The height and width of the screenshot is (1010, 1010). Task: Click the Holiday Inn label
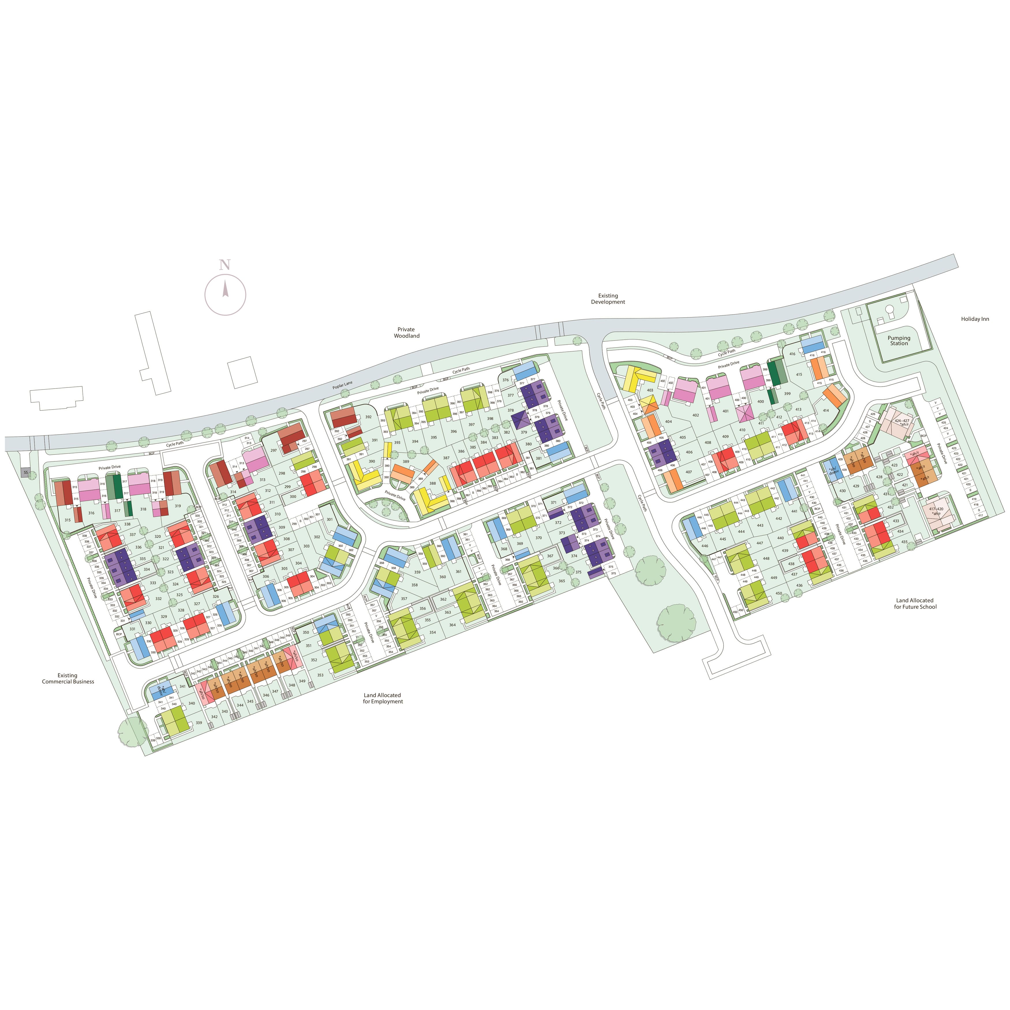coord(975,319)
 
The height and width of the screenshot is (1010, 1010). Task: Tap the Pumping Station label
coord(899,340)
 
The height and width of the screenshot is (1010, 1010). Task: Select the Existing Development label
coord(608,299)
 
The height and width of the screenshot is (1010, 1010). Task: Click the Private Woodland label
coord(406,332)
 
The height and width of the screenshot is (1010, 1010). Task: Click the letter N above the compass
coord(225,265)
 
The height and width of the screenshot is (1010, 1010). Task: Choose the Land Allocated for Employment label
coord(383,698)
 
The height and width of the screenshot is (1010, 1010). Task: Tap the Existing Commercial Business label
coord(68,678)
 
